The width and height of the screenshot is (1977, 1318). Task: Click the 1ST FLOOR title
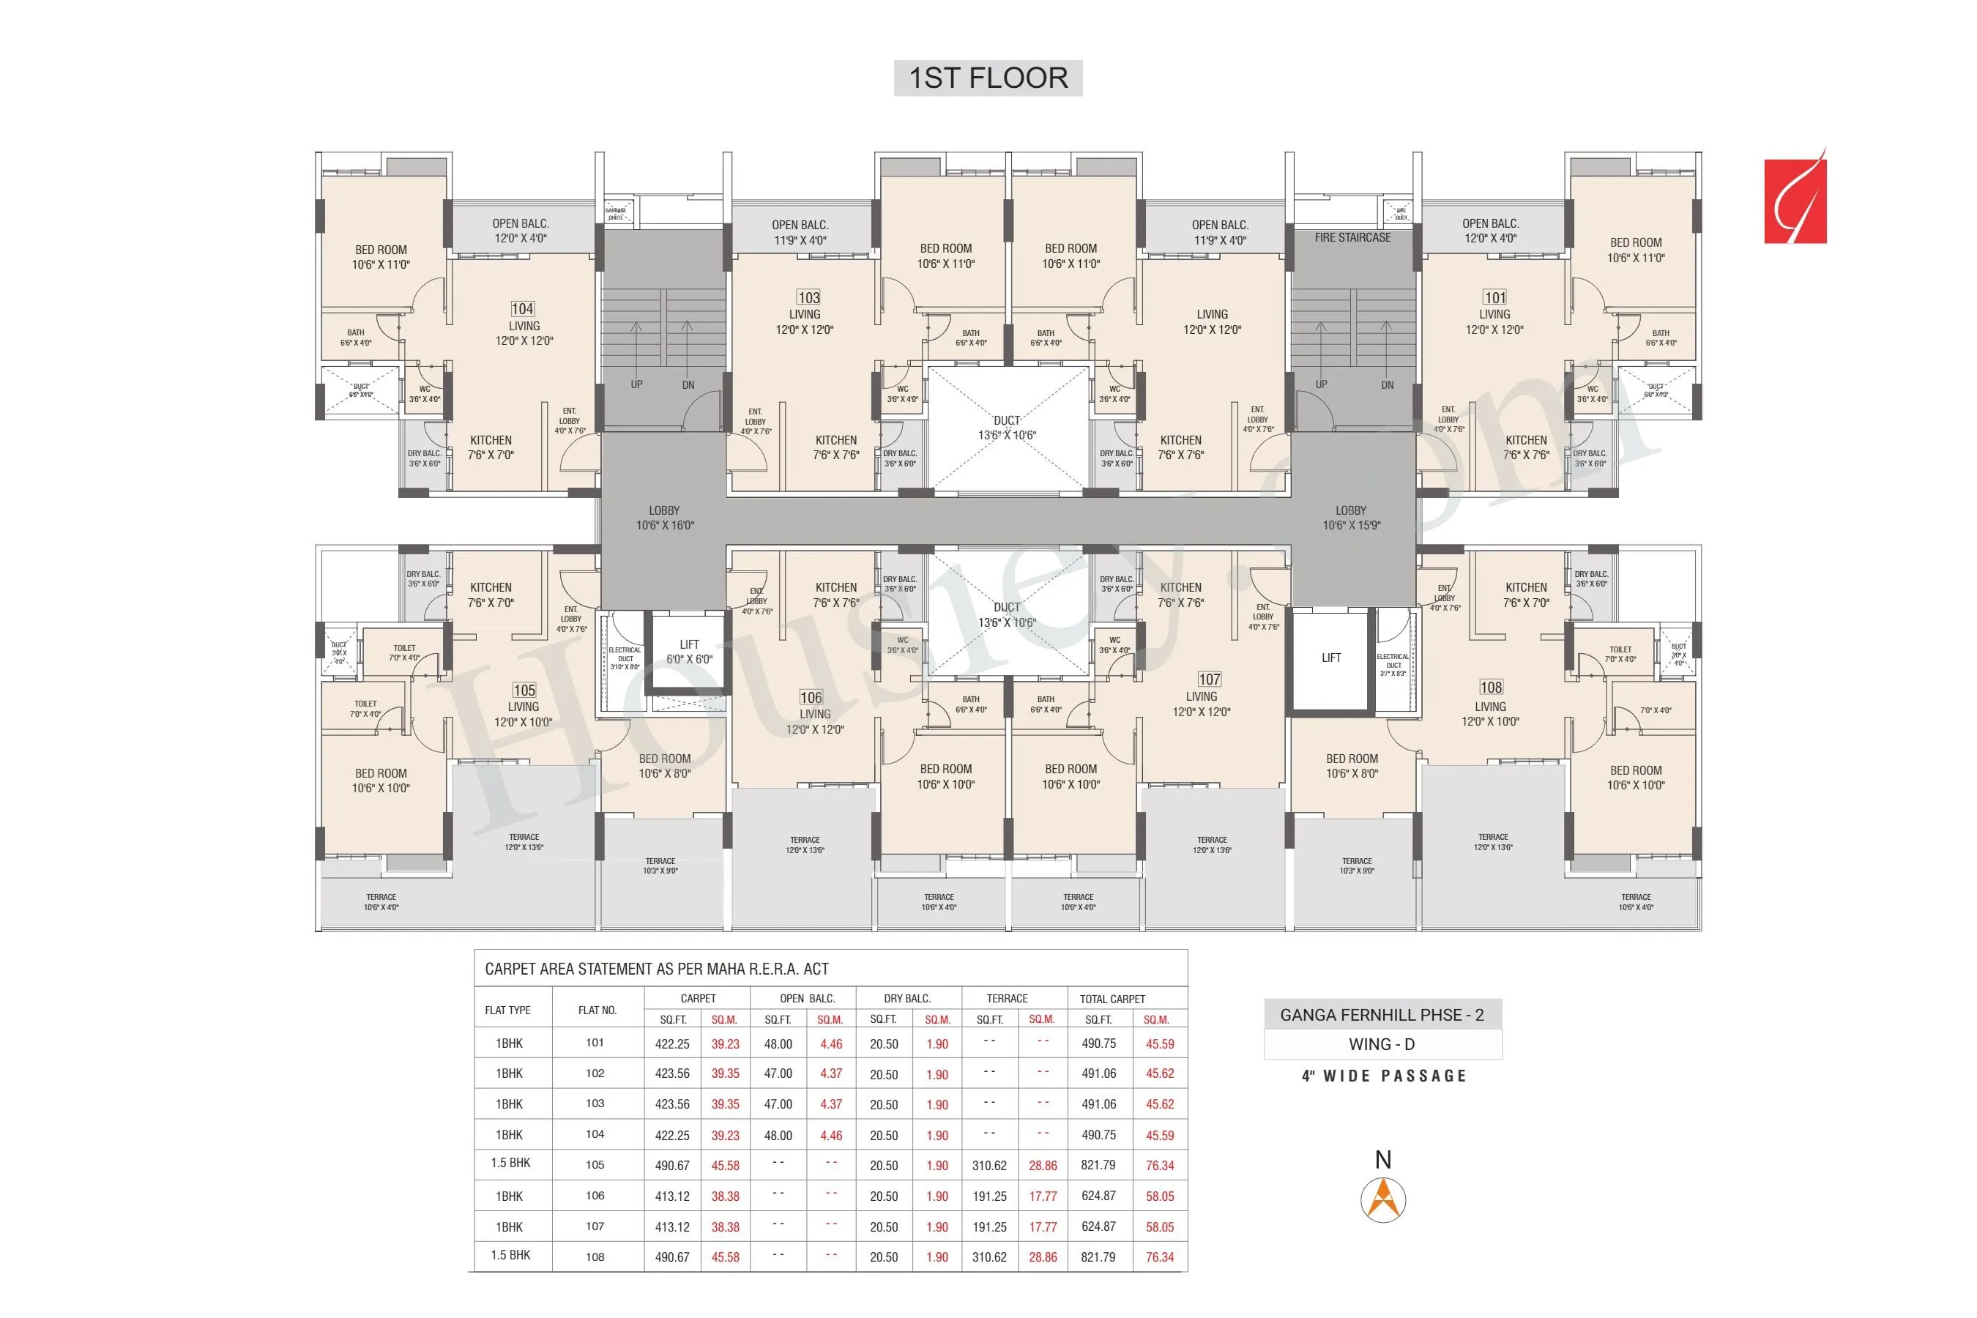(x=988, y=78)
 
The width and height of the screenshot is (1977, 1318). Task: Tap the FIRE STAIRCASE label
(x=1352, y=238)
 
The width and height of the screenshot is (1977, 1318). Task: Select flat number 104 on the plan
(x=522, y=309)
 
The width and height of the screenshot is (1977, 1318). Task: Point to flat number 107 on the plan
(x=1209, y=680)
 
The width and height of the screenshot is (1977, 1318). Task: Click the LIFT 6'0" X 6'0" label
(x=689, y=652)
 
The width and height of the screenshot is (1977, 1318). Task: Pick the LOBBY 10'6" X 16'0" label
(x=664, y=518)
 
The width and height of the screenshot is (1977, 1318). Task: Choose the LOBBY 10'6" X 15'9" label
(x=1351, y=518)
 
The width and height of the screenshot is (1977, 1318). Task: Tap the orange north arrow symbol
(x=1382, y=1199)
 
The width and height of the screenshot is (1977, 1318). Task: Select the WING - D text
(x=1382, y=1045)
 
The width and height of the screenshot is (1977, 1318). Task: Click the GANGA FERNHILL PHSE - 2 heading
(x=1382, y=1016)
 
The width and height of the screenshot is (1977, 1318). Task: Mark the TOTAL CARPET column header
(x=1112, y=999)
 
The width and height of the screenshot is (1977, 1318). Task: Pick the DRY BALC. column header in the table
(x=907, y=999)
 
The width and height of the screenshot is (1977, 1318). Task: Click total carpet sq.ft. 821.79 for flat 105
(x=1098, y=1165)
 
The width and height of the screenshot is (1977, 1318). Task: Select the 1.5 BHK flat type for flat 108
(x=510, y=1255)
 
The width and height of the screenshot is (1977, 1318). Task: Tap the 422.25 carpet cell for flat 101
(x=671, y=1044)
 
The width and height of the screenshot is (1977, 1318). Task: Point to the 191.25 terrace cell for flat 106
(x=989, y=1196)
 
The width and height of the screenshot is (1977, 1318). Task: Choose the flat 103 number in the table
(x=595, y=1103)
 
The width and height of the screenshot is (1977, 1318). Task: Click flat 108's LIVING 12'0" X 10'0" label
(x=1490, y=714)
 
